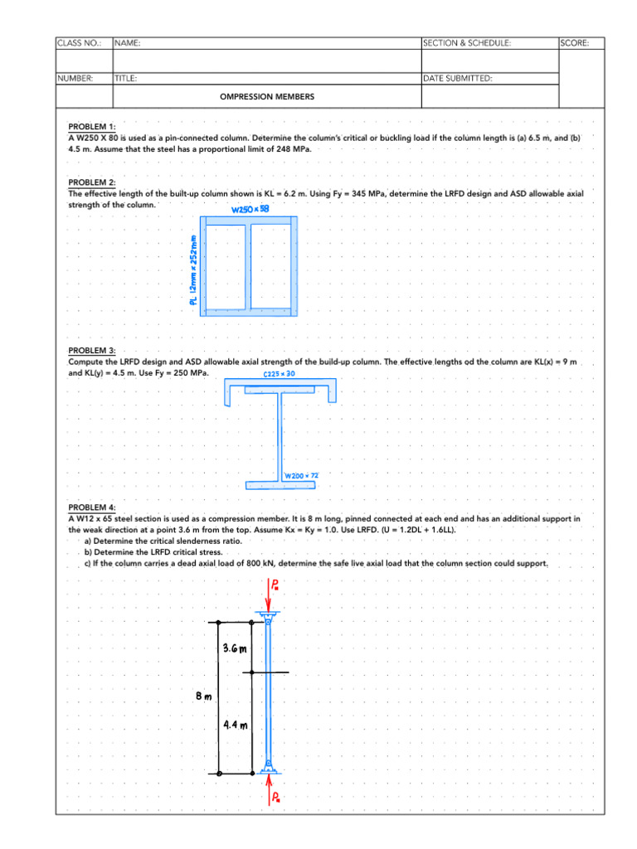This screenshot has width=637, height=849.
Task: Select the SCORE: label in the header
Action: pyautogui.click(x=575, y=42)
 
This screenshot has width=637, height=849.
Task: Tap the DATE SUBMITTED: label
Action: pyautogui.click(x=457, y=79)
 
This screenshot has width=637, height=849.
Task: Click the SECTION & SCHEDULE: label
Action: pyautogui.click(x=467, y=42)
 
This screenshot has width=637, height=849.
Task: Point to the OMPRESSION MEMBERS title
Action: pyautogui.click(x=267, y=97)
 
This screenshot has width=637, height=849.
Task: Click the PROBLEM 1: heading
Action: pyautogui.click(x=91, y=127)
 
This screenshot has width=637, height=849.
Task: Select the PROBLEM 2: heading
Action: pyautogui.click(x=91, y=182)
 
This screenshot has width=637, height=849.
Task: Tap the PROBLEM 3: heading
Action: pyautogui.click(x=91, y=352)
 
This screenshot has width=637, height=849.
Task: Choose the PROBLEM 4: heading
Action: pyautogui.click(x=91, y=507)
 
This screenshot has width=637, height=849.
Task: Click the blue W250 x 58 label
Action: pyautogui.click(x=250, y=210)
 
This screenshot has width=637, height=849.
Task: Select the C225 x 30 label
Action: pyautogui.click(x=279, y=374)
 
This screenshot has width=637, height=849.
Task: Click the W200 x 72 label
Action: pyautogui.click(x=302, y=476)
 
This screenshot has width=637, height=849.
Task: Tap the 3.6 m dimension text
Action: pyautogui.click(x=236, y=648)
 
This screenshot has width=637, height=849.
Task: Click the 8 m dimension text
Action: pyautogui.click(x=203, y=696)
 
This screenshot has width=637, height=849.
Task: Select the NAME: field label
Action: pyautogui.click(x=127, y=42)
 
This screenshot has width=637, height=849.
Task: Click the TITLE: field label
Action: pyautogui.click(x=126, y=79)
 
